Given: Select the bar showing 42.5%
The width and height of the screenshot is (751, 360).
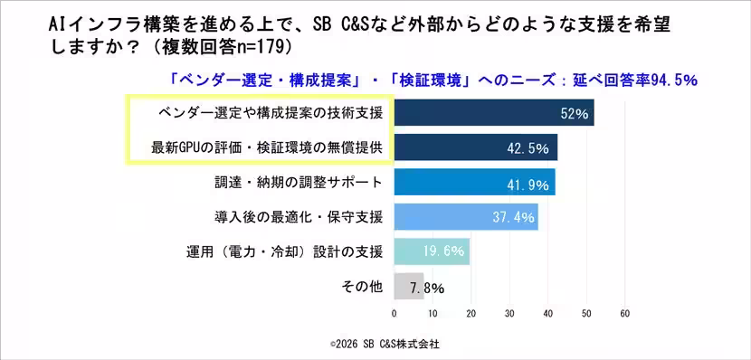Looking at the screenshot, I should (x=475, y=147).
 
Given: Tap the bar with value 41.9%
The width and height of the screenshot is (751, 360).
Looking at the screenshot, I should (x=474, y=182).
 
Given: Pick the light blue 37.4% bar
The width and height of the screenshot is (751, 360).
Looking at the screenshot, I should (x=466, y=217).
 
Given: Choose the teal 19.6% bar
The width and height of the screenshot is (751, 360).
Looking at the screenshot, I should (x=432, y=251).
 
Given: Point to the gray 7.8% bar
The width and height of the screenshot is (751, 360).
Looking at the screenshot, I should (x=408, y=287).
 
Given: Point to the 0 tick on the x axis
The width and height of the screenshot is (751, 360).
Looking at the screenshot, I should (x=394, y=314).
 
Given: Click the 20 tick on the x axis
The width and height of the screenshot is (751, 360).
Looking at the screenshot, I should (x=471, y=314).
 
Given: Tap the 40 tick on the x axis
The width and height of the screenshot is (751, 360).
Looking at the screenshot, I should (x=547, y=314).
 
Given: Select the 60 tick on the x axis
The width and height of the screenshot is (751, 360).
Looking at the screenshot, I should (x=624, y=314).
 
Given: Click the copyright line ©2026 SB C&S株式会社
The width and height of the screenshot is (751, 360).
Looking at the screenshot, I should (x=385, y=344).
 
